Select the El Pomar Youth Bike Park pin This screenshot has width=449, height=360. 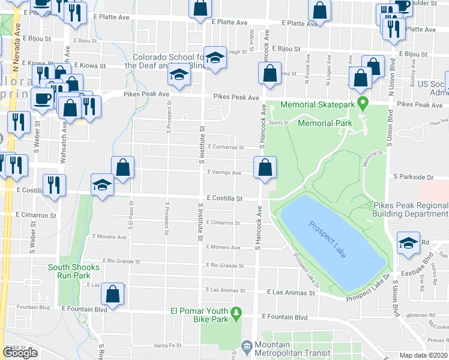(x=237, y=313)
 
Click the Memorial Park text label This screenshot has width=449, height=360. (x=324, y=123)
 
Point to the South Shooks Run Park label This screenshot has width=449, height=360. (x=69, y=271)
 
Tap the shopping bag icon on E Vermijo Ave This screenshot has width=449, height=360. (x=265, y=169)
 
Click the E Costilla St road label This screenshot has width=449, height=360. (x=224, y=198)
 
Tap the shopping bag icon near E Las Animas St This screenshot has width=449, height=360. (x=112, y=295)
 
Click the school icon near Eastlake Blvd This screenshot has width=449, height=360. (x=408, y=243)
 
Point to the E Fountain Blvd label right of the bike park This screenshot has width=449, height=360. (x=285, y=317)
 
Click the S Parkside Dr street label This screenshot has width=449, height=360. (x=413, y=178)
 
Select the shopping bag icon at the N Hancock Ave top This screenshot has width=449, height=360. (x=270, y=74)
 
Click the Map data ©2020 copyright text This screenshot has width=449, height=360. (x=424, y=356)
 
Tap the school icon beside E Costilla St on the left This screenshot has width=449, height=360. (x=103, y=185)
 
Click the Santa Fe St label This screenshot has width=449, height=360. (x=167, y=346)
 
